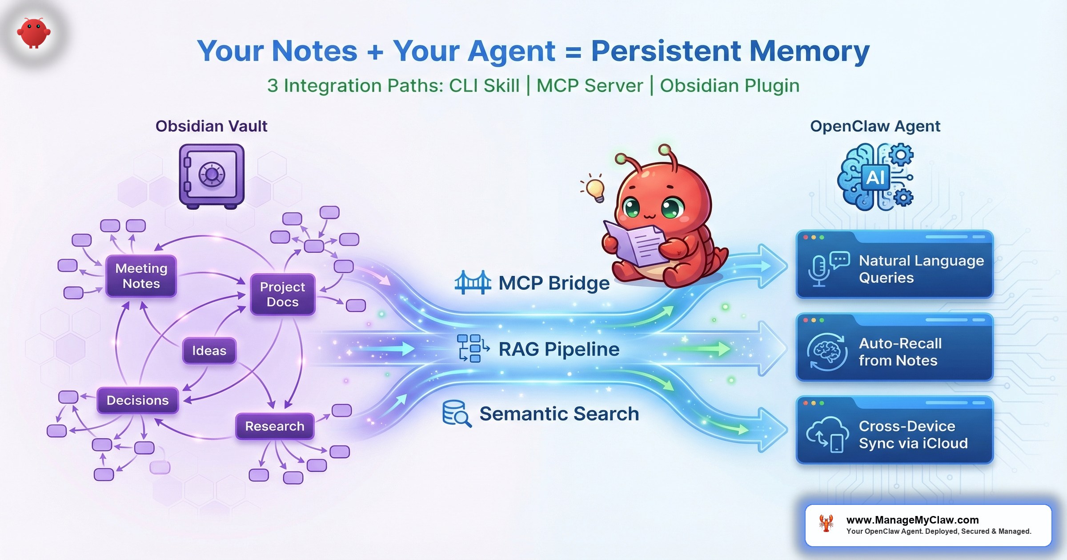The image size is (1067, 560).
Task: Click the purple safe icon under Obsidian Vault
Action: [212, 176]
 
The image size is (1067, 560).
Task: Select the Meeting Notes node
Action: [141, 276]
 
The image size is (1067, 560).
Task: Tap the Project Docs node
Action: [282, 294]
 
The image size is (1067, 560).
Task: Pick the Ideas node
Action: [209, 351]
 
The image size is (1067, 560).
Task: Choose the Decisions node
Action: [137, 400]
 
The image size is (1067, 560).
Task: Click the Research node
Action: [274, 426]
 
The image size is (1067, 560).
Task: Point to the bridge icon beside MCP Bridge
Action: [473, 283]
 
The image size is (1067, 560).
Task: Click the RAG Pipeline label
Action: [558, 349]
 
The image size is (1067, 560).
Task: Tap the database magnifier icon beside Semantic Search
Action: [457, 413]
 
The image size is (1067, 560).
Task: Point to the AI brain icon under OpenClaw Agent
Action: [875, 177]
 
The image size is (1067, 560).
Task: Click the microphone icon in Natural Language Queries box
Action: [818, 269]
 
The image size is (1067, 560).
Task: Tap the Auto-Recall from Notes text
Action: [900, 352]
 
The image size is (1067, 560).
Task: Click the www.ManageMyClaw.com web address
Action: [912, 520]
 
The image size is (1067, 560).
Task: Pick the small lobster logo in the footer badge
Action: [826, 524]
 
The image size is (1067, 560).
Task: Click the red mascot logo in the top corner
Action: [34, 33]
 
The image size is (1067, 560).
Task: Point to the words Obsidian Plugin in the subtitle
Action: [730, 85]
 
